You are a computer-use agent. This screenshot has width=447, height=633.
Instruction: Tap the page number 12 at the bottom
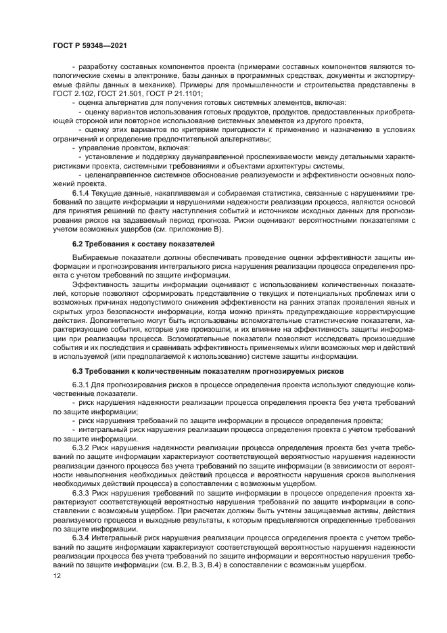click(57, 575)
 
